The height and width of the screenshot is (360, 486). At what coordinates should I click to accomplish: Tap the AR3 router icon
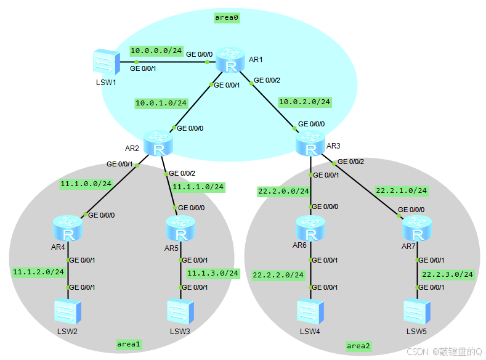pos(310,144)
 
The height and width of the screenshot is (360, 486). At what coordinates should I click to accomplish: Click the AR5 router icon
pos(180,229)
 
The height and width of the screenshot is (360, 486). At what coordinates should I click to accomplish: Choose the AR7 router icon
pos(417,229)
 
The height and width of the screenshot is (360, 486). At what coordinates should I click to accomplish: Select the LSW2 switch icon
pos(67,312)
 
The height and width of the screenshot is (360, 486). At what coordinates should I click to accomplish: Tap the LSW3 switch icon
pos(180,312)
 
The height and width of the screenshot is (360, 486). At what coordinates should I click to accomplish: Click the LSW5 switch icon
pos(417,312)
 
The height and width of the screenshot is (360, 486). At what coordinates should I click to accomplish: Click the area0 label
pos(227,17)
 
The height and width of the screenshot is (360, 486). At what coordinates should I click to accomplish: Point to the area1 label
pos(129,343)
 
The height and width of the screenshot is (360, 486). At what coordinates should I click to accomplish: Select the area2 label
pos(358,346)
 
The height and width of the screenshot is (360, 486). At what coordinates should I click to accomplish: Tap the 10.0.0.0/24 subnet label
pos(155,50)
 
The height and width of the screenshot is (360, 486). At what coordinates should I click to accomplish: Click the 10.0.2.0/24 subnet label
pos(305,102)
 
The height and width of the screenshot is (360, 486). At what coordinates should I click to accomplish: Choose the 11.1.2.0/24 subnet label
pos(38,271)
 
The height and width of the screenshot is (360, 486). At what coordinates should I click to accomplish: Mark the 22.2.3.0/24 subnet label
pos(447,274)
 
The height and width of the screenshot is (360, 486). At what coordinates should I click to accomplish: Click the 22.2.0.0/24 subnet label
pos(283,192)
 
